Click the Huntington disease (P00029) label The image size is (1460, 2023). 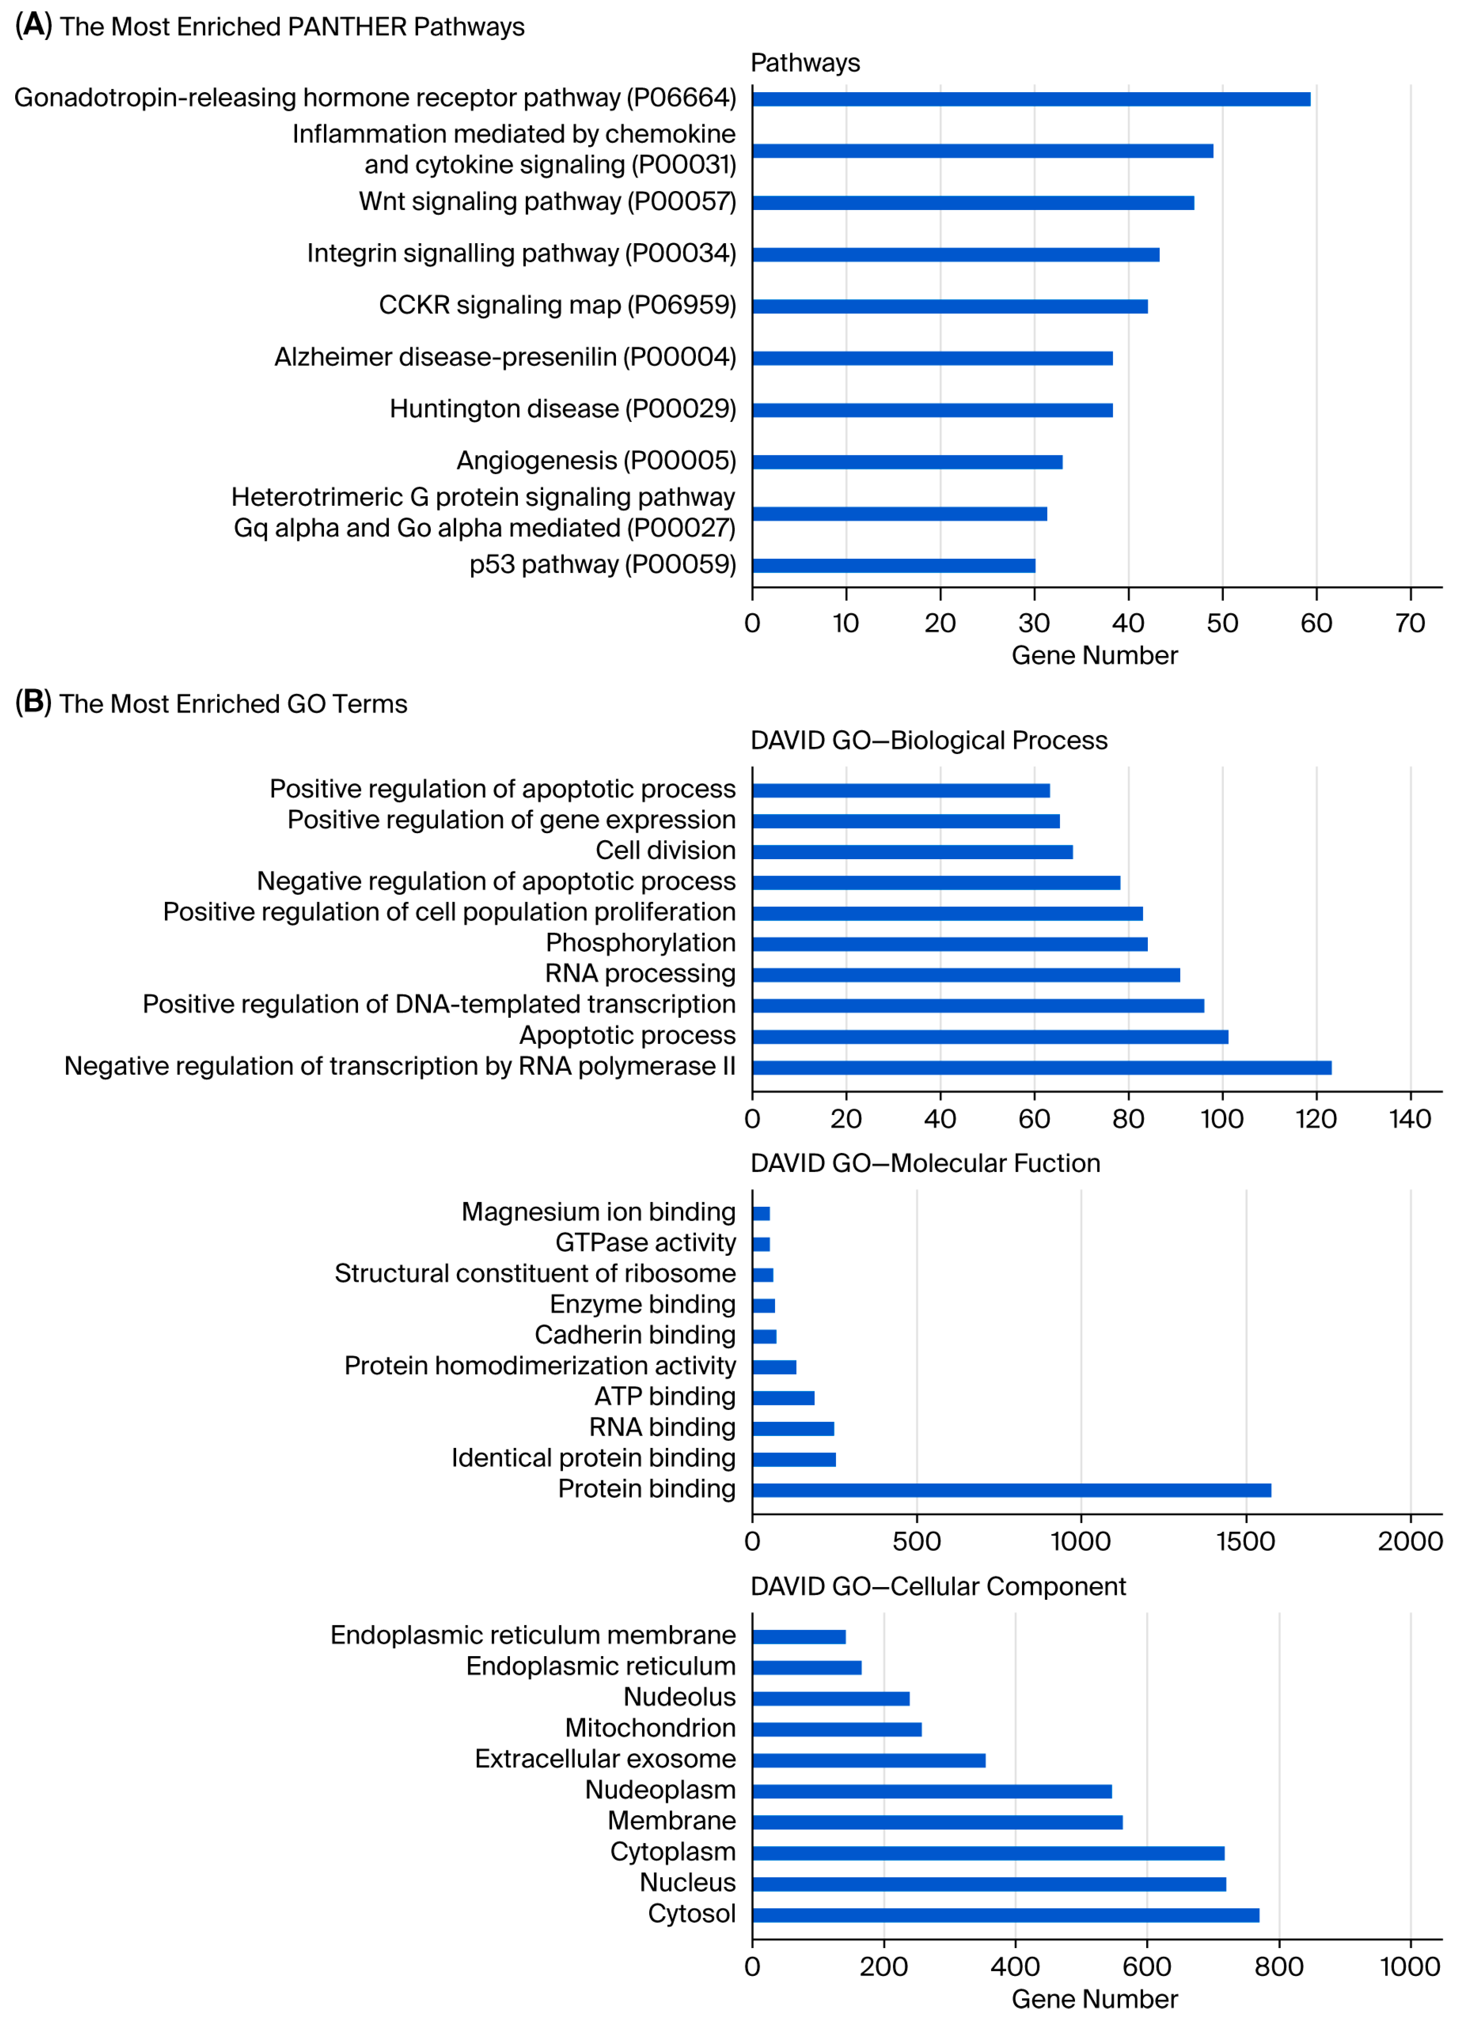pos(563,409)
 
